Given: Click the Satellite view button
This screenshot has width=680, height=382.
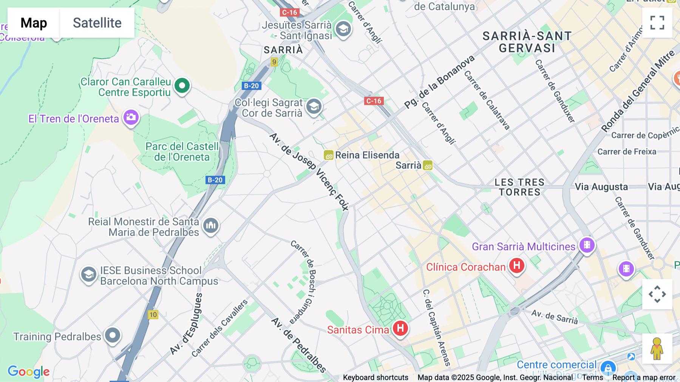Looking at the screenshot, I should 97,23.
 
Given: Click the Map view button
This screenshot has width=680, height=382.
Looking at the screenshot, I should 34,23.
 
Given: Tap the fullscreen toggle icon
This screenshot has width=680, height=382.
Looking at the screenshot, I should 657,23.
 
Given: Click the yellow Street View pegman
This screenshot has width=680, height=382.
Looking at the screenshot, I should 657,348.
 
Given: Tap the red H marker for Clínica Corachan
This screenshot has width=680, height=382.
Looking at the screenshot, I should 516,266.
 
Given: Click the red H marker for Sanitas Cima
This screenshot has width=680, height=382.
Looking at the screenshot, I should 400,328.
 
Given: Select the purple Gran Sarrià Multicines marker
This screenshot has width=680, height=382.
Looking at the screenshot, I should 587,245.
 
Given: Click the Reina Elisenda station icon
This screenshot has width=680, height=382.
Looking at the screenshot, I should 328,155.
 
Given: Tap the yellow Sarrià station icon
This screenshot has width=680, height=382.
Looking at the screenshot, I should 428,165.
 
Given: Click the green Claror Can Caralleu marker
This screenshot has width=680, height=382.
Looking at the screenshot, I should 182,85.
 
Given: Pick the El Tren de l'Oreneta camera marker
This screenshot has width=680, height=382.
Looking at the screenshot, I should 131,117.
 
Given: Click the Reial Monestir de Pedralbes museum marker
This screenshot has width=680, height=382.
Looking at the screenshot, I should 211,226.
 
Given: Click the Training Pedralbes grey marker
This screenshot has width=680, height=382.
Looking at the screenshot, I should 112,335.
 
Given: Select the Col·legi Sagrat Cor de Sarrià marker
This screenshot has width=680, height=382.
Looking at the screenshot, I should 314,107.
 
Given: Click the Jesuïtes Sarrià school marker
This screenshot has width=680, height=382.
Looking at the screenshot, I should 343,29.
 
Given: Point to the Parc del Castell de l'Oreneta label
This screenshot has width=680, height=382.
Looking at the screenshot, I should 182,152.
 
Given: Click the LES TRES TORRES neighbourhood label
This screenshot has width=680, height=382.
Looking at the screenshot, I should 519,187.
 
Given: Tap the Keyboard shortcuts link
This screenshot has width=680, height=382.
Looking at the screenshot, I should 376,377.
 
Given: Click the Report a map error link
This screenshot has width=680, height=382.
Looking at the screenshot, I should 644,377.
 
